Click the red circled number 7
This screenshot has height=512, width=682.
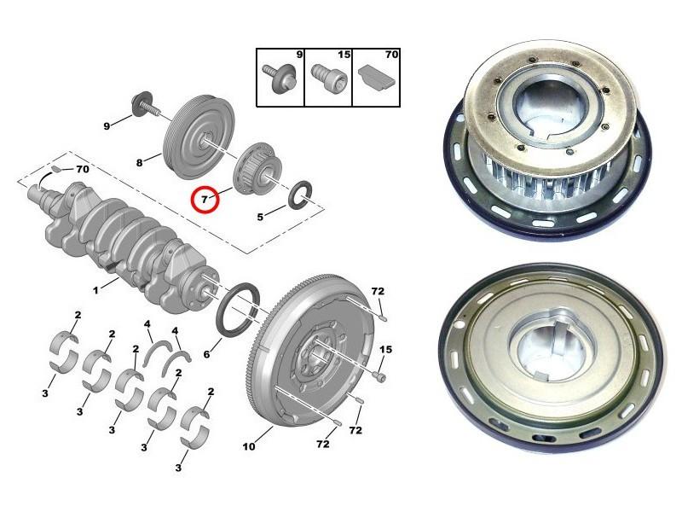205,200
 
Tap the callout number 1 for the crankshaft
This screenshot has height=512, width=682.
95,289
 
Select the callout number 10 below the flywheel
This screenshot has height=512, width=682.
249,446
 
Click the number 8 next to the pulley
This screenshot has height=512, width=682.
139,163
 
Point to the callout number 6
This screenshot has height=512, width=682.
206,354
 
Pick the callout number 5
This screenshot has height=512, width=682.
260,217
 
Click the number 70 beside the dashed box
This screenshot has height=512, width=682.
82,168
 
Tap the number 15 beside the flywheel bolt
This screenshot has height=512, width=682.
385,349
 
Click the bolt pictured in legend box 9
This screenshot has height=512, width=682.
280,77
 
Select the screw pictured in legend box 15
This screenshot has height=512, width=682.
328,79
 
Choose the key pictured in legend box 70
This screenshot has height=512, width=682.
376,78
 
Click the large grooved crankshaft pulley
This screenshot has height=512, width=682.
199,137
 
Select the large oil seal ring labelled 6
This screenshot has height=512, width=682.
238,309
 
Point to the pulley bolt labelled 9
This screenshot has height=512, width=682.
144,106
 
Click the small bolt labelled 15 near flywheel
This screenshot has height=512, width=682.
379,376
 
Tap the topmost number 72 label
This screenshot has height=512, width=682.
378,291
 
